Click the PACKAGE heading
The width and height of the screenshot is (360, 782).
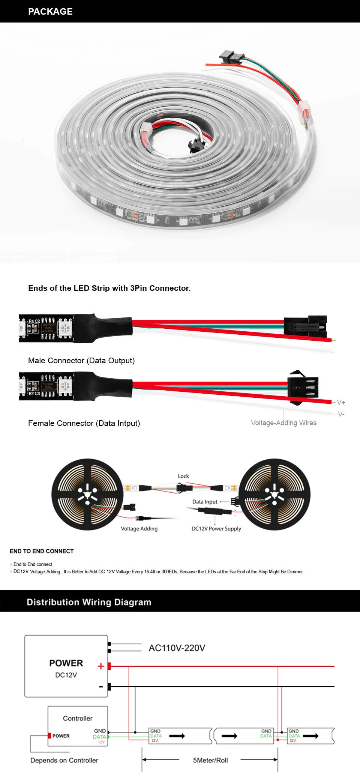pyautogui.click(x=50, y=12)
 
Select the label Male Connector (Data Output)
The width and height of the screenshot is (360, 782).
pyautogui.click(x=81, y=361)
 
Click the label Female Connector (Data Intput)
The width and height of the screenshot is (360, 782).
pyautogui.click(x=84, y=423)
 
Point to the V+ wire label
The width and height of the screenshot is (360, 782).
pyautogui.click(x=341, y=403)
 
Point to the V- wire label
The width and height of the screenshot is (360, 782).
pyautogui.click(x=341, y=414)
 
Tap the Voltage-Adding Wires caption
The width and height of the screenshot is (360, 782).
pyautogui.click(x=283, y=423)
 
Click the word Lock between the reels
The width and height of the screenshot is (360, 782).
pyautogui.click(x=183, y=476)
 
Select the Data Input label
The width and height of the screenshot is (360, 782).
pyautogui.click(x=205, y=502)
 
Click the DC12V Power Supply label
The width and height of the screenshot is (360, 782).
pyautogui.click(x=216, y=529)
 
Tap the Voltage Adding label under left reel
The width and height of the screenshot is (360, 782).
pyautogui.click(x=139, y=529)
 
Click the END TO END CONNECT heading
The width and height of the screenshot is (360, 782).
pyautogui.click(x=42, y=551)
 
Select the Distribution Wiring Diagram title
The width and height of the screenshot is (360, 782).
pyautogui.click(x=89, y=602)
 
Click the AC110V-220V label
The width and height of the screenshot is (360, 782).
pyautogui.click(x=177, y=648)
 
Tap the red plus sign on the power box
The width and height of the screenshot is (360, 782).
pyautogui.click(x=100, y=666)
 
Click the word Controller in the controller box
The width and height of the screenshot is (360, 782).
pyautogui.click(x=78, y=718)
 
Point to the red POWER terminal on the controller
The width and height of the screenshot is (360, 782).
pyautogui.click(x=49, y=735)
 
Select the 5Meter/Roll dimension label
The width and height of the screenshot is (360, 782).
pyautogui.click(x=210, y=760)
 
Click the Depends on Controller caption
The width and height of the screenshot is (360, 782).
pyautogui.click(x=64, y=760)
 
